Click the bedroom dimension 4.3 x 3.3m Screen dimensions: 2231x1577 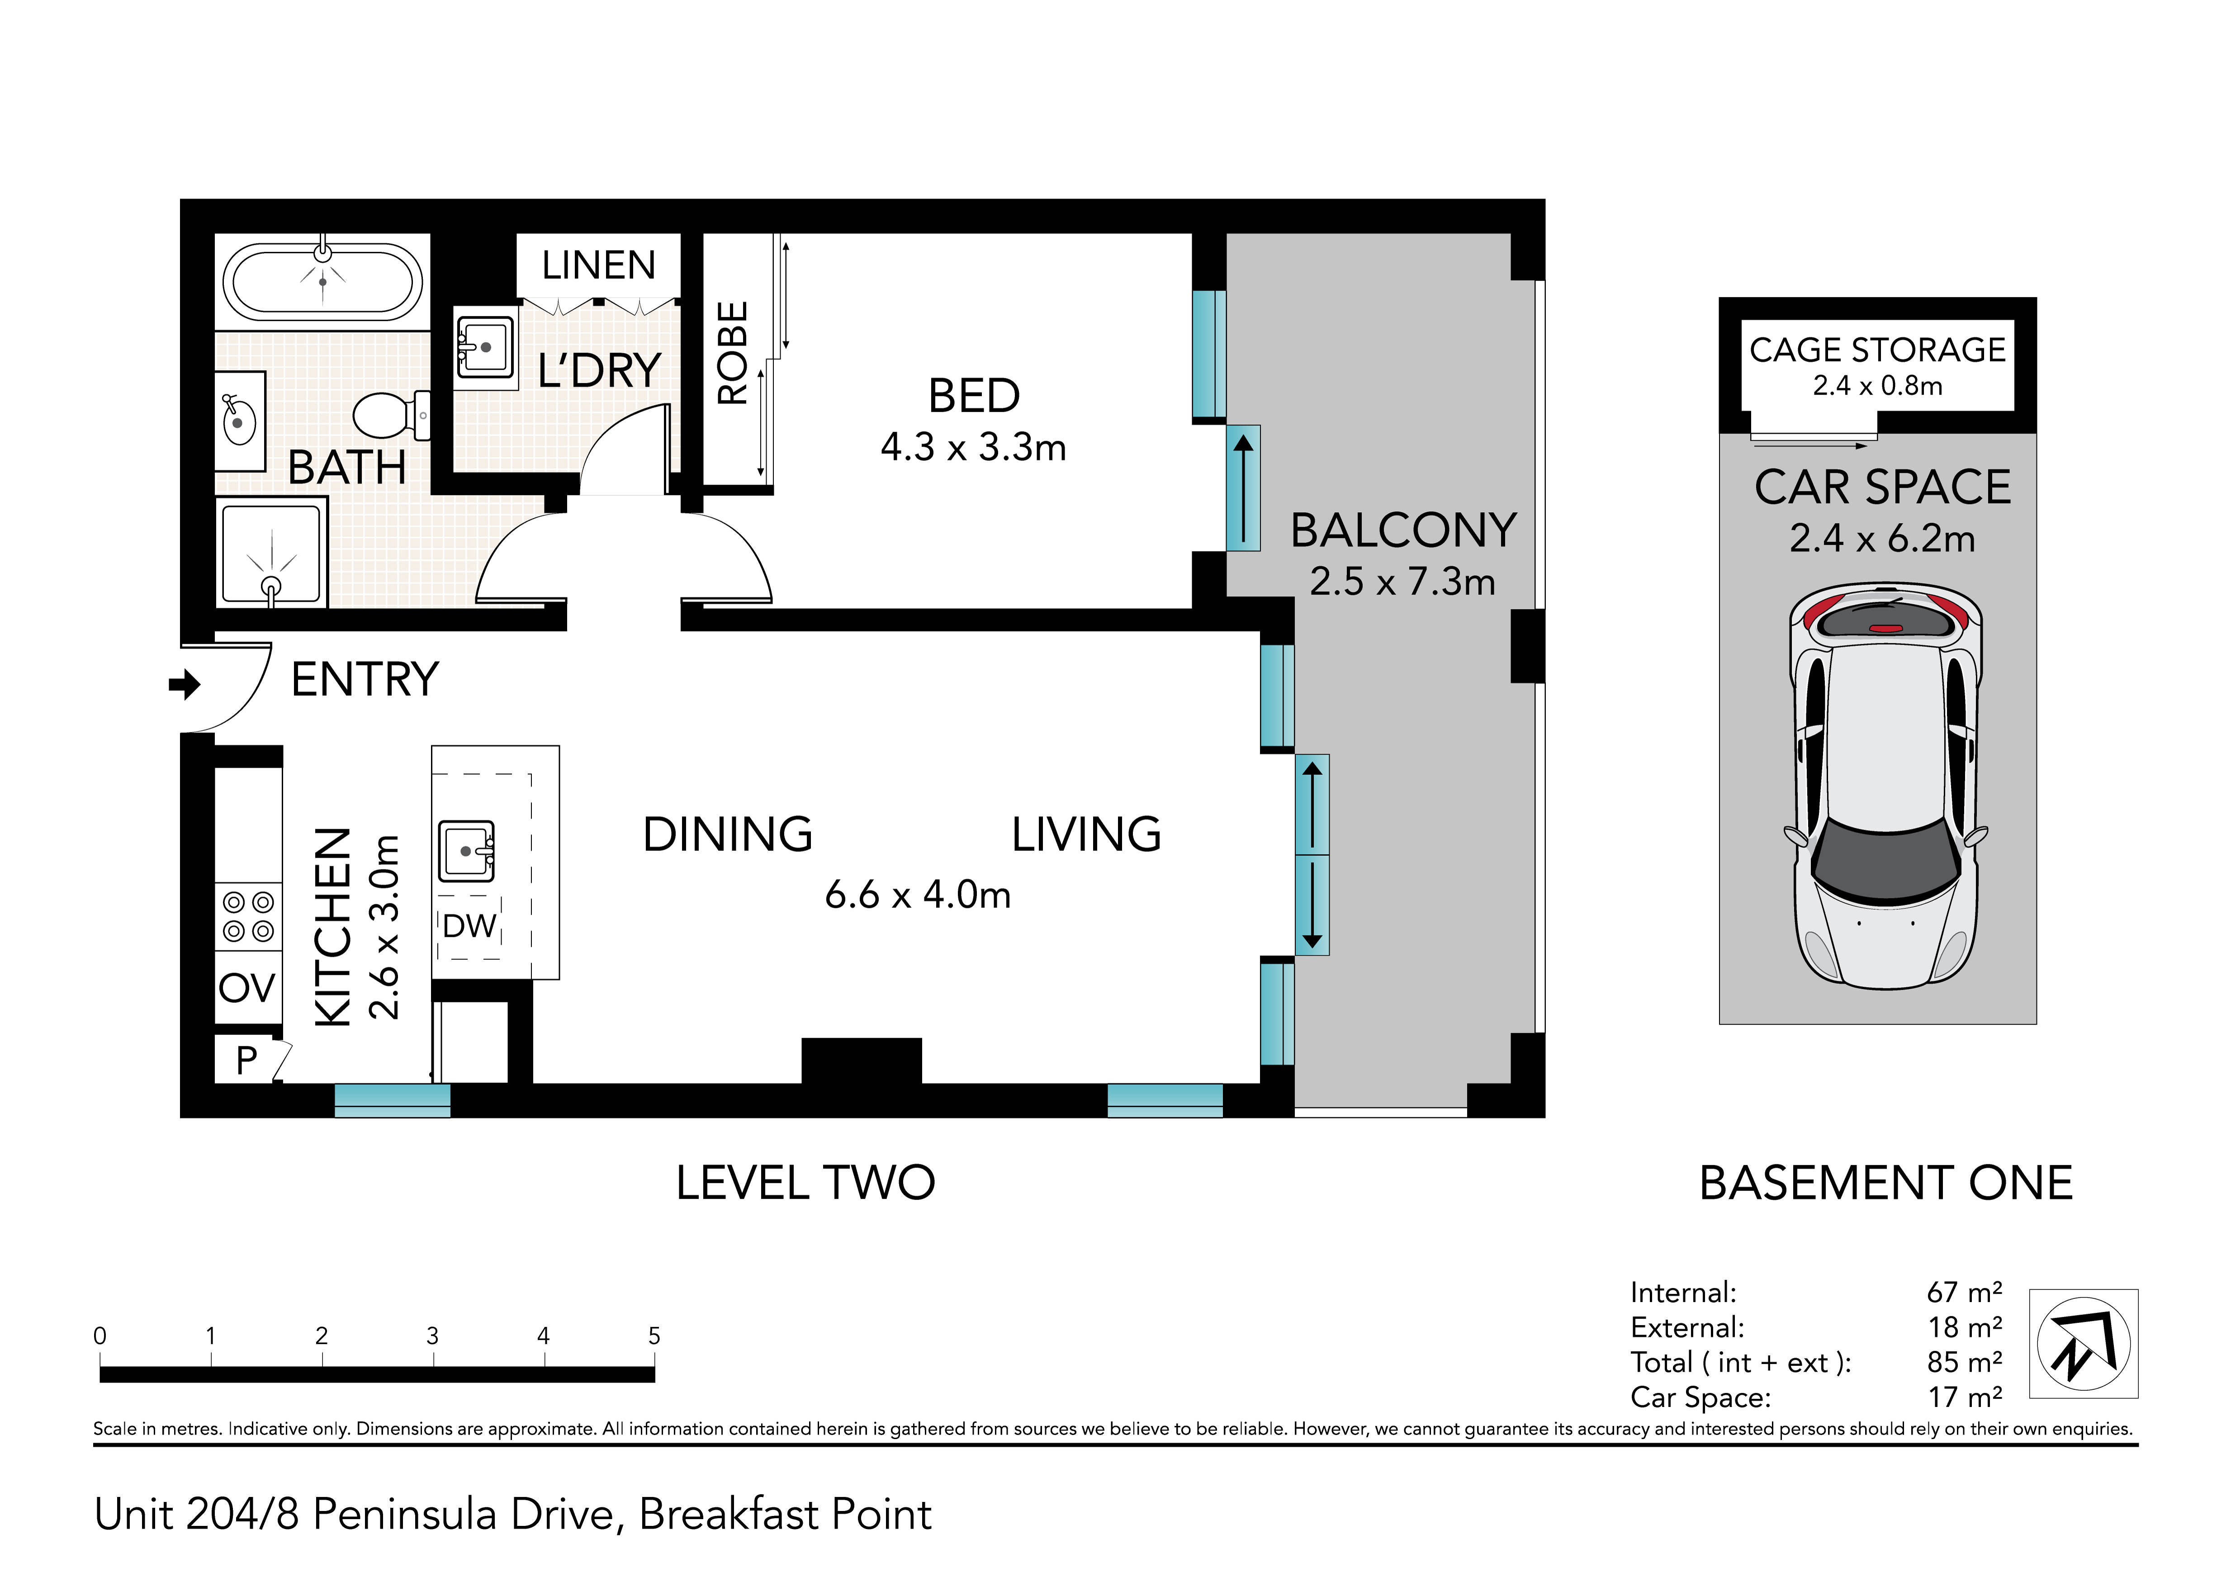pos(974,448)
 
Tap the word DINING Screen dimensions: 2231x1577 pos(728,835)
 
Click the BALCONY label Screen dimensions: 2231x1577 pos(1403,530)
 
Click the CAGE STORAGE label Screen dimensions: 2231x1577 pos(1877,350)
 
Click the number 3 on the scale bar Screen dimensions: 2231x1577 pos(432,1336)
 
